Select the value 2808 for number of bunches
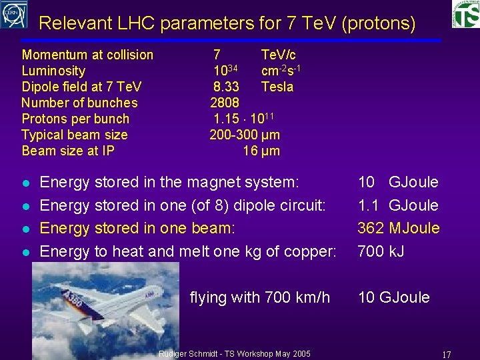coord(225,103)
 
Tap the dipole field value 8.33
coord(227,87)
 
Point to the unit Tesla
coord(277,87)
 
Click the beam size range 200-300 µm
coord(245,135)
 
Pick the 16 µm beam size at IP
coord(261,151)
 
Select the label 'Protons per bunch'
coord(75,119)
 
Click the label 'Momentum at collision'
coord(87,55)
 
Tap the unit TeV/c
coord(279,55)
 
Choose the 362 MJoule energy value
coord(398,228)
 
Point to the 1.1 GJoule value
coord(397,205)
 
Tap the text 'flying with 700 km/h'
coord(259,297)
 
